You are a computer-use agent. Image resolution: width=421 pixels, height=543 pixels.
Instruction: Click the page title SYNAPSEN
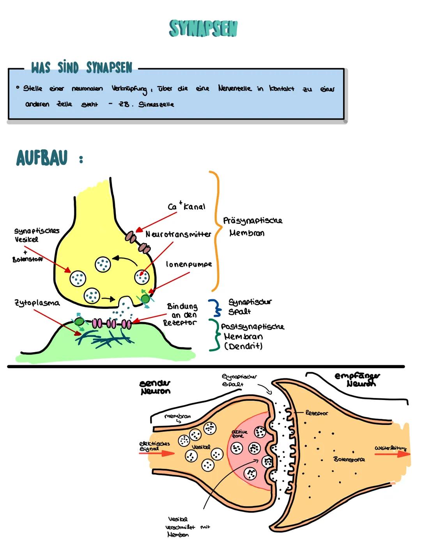203,28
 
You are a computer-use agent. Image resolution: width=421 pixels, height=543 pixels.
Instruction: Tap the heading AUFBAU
42,158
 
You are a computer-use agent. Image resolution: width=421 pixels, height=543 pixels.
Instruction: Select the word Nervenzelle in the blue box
235,88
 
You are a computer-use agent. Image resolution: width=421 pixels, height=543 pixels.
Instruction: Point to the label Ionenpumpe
189,264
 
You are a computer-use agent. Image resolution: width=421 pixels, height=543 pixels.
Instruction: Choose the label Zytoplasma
37,303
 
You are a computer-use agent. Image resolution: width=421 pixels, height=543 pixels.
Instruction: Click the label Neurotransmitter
178,234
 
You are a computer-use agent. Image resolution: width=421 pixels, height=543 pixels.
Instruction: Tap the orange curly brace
216,231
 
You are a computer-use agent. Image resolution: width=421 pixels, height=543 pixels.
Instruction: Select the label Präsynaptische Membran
252,227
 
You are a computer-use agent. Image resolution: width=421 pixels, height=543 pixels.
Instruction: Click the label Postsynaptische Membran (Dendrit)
252,336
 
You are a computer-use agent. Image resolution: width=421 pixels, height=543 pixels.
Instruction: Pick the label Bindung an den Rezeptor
180,314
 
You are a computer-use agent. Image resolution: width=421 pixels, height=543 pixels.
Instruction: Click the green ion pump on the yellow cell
145,299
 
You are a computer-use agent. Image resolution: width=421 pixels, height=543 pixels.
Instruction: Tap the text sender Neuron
155,387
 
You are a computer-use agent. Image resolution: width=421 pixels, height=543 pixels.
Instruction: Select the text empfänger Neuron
357,379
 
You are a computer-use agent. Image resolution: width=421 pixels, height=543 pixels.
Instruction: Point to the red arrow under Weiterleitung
392,454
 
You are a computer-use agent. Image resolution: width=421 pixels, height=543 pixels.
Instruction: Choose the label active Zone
239,434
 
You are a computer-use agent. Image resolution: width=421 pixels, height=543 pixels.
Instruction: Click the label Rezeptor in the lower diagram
317,413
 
